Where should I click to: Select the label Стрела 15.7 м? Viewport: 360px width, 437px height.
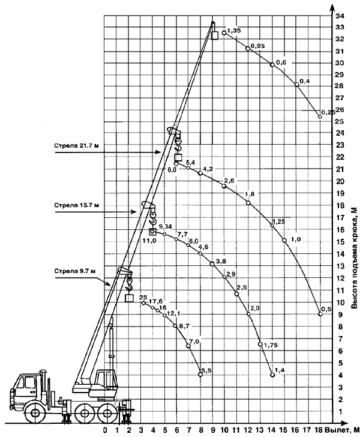(x=76, y=205)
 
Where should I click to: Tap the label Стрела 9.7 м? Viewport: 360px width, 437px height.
(x=75, y=271)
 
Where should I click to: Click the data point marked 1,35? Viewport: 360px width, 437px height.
(x=224, y=32)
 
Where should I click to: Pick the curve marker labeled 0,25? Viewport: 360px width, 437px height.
(x=320, y=117)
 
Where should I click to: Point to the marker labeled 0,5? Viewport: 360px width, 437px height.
(x=320, y=314)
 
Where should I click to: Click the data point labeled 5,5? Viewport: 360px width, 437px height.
(x=200, y=375)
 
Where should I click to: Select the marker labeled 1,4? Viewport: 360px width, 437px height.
(x=272, y=375)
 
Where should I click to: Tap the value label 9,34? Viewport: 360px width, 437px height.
(x=165, y=226)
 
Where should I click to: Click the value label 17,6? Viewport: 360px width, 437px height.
(x=156, y=301)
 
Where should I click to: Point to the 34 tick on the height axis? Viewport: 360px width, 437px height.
(x=340, y=16)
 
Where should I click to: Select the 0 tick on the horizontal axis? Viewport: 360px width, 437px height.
(x=105, y=430)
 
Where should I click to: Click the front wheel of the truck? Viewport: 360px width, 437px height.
(x=35, y=412)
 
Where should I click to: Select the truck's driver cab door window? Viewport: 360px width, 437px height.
(x=29, y=382)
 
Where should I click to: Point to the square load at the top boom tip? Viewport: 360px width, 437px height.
(x=215, y=35)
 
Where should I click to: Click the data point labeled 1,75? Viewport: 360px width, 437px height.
(x=260, y=344)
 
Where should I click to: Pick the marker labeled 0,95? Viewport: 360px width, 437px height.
(x=248, y=49)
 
